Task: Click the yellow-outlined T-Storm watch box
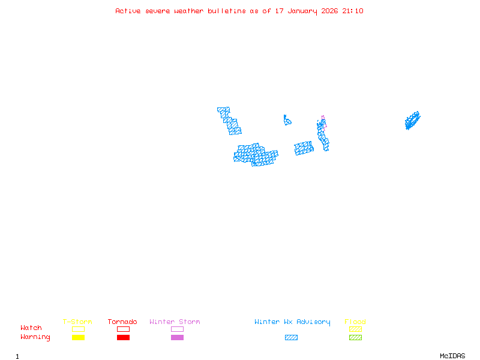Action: [x=78, y=329]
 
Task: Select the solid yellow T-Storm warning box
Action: [x=78, y=338]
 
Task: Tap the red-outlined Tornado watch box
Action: [x=123, y=329]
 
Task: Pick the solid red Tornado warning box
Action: [x=123, y=338]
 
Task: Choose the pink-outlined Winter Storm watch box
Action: [x=177, y=329]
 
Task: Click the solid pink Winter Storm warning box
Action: [x=177, y=338]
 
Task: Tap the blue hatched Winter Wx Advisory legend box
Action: [x=291, y=338]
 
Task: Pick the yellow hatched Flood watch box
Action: [x=355, y=329]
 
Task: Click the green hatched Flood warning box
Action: [x=355, y=338]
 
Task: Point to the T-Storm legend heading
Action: [x=77, y=322]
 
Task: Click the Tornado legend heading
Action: [x=122, y=322]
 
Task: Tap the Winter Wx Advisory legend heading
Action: [x=292, y=322]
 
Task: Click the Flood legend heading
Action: [x=355, y=322]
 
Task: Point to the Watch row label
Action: [x=31, y=328]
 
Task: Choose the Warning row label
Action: [x=35, y=337]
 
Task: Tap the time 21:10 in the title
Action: [x=353, y=11]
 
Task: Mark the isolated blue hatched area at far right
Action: [x=412, y=120]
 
